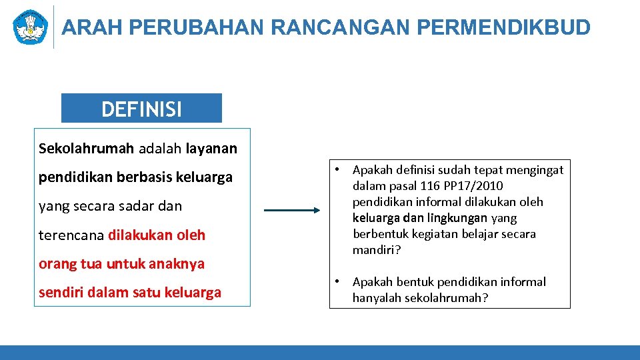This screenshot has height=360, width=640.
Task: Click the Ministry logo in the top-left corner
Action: [30, 27]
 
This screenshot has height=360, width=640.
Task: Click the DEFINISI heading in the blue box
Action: [141, 109]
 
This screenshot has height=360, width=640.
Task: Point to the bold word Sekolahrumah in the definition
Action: [86, 148]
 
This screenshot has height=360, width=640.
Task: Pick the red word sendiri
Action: [61, 293]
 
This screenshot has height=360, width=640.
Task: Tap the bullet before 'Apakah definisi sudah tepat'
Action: [339, 169]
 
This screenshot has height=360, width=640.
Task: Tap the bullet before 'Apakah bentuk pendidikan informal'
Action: [339, 281]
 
